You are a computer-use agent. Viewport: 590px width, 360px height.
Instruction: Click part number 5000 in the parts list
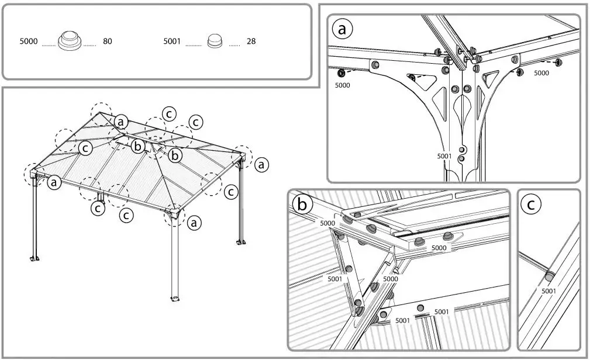coord(29,42)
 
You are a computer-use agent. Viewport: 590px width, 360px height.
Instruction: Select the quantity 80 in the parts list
coord(107,42)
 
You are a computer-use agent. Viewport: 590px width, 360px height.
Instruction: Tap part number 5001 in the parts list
coord(172,42)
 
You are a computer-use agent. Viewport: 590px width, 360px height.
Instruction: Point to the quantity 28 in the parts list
coord(251,42)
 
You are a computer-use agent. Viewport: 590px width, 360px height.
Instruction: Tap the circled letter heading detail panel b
coord(302,205)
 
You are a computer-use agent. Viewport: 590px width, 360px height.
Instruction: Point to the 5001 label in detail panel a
coord(444,156)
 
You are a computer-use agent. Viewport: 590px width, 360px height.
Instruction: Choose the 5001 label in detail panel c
coord(548,291)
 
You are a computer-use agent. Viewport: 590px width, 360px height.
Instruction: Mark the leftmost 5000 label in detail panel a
coord(343,85)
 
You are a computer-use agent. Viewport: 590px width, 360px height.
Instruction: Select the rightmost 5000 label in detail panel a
coord(541,74)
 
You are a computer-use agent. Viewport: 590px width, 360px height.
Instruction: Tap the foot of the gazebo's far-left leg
coord(34,258)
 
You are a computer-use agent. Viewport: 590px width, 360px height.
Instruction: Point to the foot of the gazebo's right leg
coord(240,241)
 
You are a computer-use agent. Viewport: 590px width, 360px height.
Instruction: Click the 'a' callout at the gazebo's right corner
coord(261,165)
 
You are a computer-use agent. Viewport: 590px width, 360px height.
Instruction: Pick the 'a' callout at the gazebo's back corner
coord(120,122)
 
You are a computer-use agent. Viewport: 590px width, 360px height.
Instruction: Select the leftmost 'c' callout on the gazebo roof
coord(85,148)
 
